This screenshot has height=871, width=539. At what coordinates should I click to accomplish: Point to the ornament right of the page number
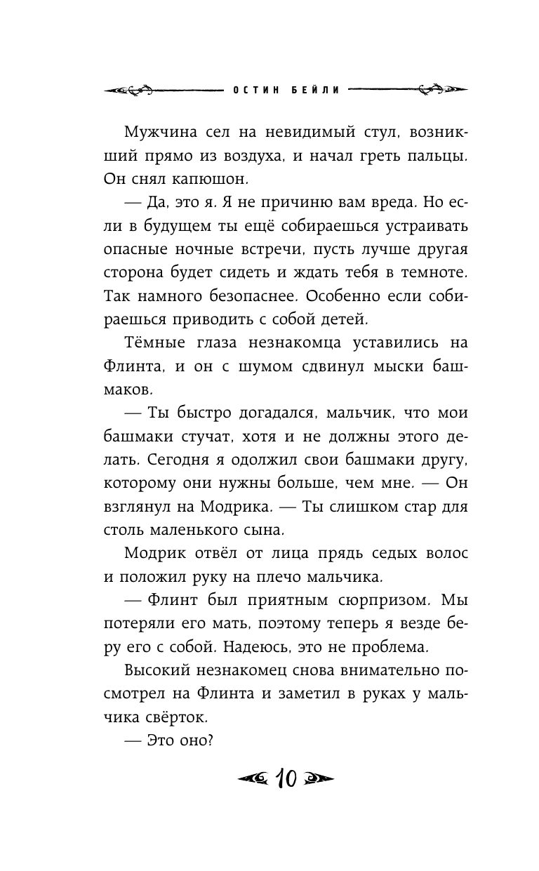point(317,779)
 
